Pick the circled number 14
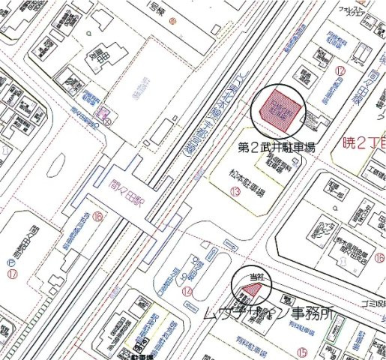pos(187,291)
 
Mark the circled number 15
pos(302,350)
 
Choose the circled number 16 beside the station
pos(97,218)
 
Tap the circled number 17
pos(11,274)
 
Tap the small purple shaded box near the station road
pos(106,113)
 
